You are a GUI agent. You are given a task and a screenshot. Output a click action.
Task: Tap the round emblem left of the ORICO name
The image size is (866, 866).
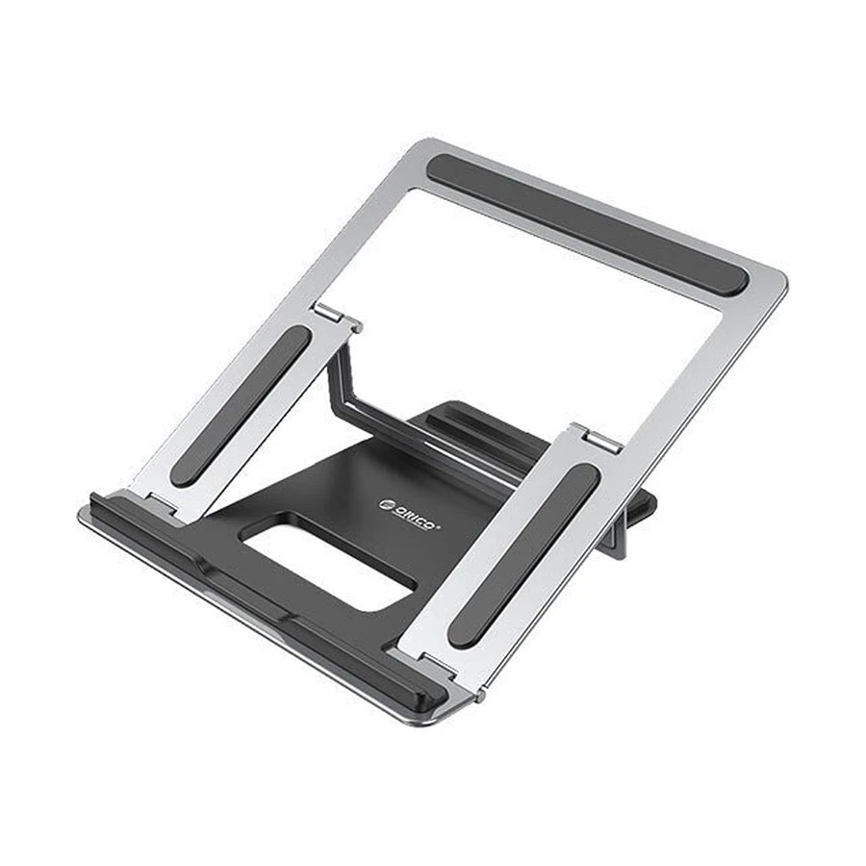pyautogui.click(x=386, y=504)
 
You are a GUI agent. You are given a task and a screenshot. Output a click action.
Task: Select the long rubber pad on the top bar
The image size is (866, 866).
pyautogui.click(x=588, y=224)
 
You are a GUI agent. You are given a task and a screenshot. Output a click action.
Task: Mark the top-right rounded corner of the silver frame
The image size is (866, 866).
pyautogui.click(x=781, y=279)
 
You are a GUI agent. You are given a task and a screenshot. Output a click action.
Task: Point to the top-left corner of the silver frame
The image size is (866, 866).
pyautogui.click(x=424, y=141)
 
